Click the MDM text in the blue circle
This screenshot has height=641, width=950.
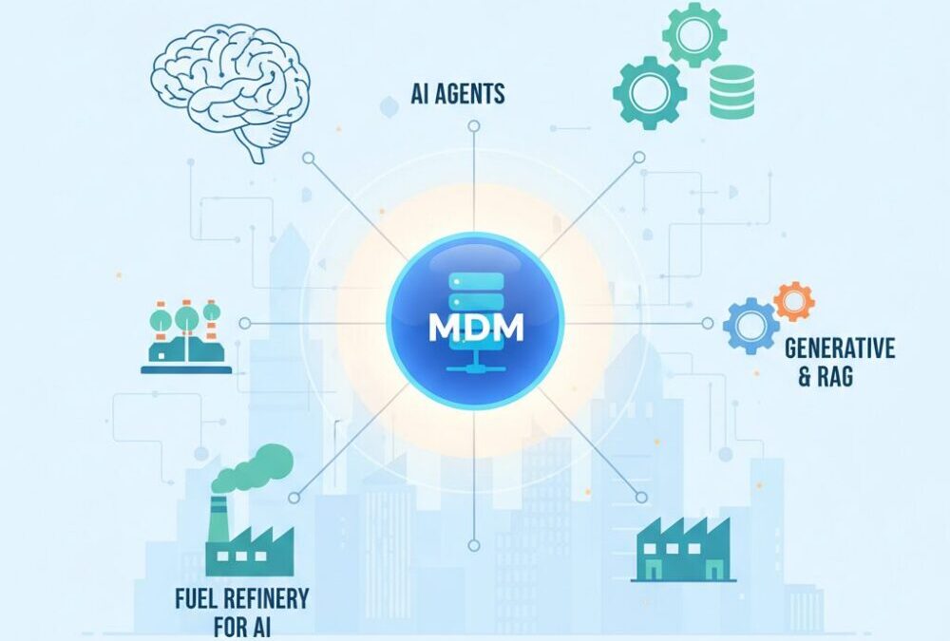tap(475, 328)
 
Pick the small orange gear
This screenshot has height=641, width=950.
tap(793, 301)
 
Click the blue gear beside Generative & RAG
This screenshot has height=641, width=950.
tap(750, 326)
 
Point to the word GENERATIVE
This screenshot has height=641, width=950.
tap(840, 349)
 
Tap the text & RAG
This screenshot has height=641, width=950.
tap(825, 377)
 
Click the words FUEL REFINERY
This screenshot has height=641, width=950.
tap(242, 600)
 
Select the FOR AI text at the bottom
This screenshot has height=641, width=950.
tap(242, 628)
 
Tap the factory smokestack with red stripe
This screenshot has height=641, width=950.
tap(218, 518)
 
